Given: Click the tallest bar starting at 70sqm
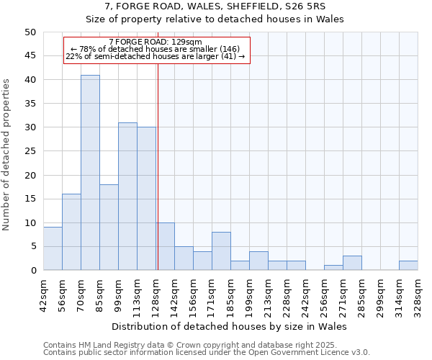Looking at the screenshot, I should pos(90,173).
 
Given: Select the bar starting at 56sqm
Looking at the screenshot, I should pos(71,232).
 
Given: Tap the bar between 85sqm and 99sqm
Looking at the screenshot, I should pos(109,227).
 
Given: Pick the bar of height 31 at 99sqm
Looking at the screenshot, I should pos(127,197).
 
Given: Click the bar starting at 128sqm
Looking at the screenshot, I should pos(165,246).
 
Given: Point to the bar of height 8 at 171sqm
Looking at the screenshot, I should pos(221,251).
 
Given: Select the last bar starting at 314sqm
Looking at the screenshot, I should pos(408,265).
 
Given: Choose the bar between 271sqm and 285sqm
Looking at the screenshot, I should pos(352,263).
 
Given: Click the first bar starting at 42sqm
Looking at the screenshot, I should pos(53,248).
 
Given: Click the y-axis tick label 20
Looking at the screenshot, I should pos(30,175).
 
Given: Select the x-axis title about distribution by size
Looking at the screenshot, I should pos(230,326).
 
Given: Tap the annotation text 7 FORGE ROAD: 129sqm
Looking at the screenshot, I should pos(156,42).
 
